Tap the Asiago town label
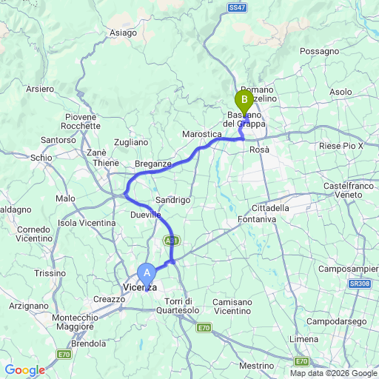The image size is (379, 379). point(123,33)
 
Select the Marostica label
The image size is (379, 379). point(202,134)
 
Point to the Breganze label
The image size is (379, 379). point(153,164)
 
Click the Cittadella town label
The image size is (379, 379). point(272,208)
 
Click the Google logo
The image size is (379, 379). point(24,370)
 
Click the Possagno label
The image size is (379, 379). point(320,52)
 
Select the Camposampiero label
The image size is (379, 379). point(353,264)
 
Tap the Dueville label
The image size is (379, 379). point(146,215)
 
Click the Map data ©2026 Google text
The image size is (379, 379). point(332,372)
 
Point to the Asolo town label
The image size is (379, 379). point(341,92)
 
